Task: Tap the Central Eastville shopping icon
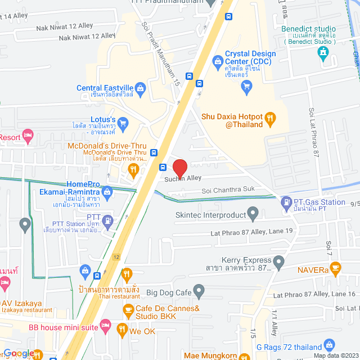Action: tap(141, 87)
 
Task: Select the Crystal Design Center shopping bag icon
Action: tap(217, 60)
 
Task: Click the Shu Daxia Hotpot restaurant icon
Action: tap(271, 118)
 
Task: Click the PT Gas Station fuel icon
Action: tap(286, 201)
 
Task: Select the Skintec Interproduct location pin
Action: tap(253, 214)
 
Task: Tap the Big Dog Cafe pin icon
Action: tap(199, 292)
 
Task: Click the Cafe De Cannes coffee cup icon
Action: tap(128, 309)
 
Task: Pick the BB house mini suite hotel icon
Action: tap(105, 326)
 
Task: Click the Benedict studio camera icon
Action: tap(323, 53)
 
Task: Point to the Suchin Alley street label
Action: tap(183, 178)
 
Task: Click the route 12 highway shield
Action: tap(116, 257)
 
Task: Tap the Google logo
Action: tap(18, 353)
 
